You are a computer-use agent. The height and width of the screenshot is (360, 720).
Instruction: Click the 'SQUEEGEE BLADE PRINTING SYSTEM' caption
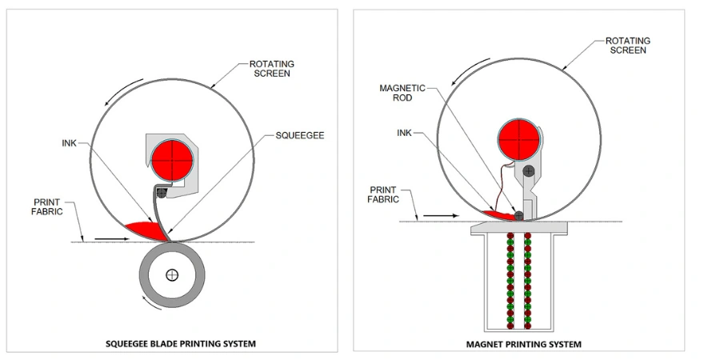coord(181,344)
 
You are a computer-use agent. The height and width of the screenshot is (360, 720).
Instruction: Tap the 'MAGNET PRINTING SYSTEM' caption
coord(523,344)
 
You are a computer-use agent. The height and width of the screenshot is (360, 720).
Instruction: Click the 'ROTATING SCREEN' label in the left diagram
coord(270,69)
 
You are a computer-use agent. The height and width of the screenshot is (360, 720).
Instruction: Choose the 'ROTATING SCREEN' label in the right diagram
coord(627,46)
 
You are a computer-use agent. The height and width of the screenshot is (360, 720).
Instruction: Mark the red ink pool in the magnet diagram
coord(499,215)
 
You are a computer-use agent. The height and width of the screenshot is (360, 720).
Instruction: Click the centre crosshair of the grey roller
coord(171,275)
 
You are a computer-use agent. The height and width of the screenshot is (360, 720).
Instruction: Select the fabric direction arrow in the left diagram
coord(110,238)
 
